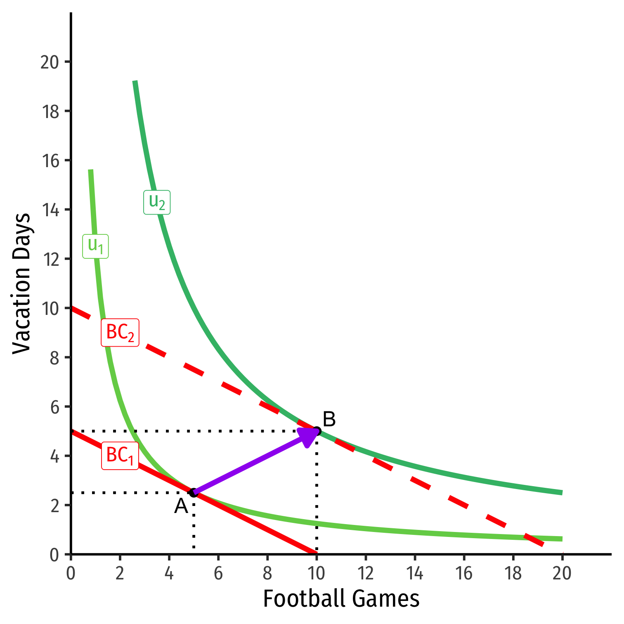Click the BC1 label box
tap(120, 456)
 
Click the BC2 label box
tap(120, 333)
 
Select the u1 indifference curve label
tap(96, 246)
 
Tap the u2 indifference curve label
tap(157, 202)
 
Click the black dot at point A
tap(193, 492)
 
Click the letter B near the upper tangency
tap(329, 419)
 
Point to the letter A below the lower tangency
tap(181, 506)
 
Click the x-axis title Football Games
tap(341, 599)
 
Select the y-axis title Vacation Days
tap(21, 284)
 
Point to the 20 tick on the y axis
tap(50, 62)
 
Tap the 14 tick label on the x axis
tap(414, 573)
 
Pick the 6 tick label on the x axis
tap(218, 573)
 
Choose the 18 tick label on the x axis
tap(513, 573)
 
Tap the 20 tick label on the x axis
tap(562, 573)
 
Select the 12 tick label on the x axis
tap(365, 573)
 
